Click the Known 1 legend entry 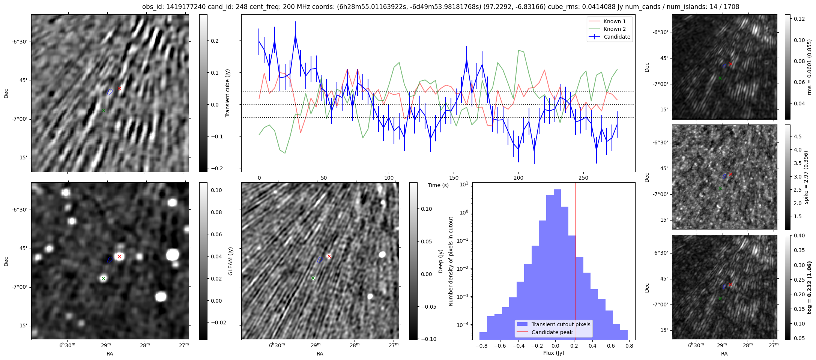tap(614, 21)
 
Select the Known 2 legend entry tap(614, 29)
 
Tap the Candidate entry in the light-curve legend tap(617, 37)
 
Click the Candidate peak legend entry tap(552, 332)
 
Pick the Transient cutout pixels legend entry tap(561, 324)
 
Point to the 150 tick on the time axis tap(454, 178)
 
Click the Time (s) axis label tap(438, 185)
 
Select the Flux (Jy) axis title tap(553, 353)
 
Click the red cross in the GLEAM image tap(119, 256)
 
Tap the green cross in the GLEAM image tap(103, 278)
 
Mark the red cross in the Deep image tap(329, 256)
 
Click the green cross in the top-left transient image tap(103, 110)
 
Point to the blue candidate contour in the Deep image tap(320, 259)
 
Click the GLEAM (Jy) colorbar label tap(230, 261)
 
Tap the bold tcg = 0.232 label tap(809, 287)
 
